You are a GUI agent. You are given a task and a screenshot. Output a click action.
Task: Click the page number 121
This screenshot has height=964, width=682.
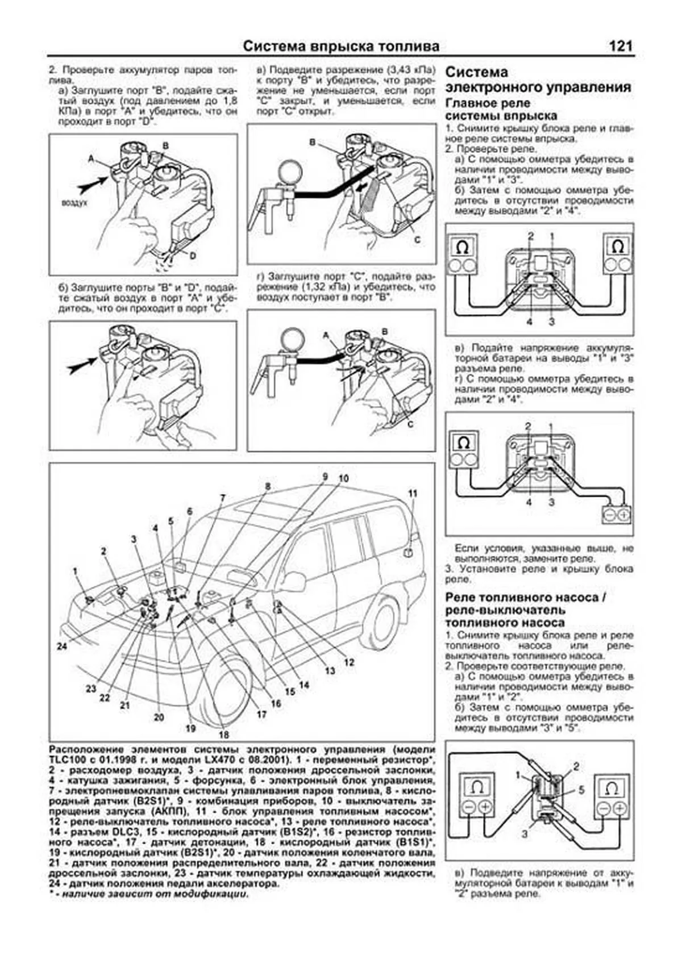[x=620, y=46]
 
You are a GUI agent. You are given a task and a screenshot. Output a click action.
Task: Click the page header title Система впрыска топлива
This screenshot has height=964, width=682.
[x=341, y=47]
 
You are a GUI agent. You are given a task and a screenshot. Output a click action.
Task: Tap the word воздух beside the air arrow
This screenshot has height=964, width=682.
[x=74, y=203]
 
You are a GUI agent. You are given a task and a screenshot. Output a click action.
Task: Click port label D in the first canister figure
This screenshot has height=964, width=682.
[x=193, y=256]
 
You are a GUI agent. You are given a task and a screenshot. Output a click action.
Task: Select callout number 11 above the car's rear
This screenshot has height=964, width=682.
[x=413, y=493]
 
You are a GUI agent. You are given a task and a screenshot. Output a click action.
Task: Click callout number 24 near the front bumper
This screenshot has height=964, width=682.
[x=61, y=646]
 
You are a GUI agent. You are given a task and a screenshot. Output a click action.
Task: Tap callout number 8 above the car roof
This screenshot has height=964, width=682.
[x=268, y=486]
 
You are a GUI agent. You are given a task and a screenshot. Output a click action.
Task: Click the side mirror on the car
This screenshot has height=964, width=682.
[x=294, y=581]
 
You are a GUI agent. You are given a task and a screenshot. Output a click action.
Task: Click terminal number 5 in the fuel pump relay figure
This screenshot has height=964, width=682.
[x=581, y=790]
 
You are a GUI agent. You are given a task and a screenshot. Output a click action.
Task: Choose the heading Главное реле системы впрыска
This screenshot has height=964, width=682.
[x=500, y=110]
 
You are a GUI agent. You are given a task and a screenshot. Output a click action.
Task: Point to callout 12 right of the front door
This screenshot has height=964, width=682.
[x=349, y=662]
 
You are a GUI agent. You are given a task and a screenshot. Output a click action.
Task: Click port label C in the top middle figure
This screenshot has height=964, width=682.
[x=417, y=240]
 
